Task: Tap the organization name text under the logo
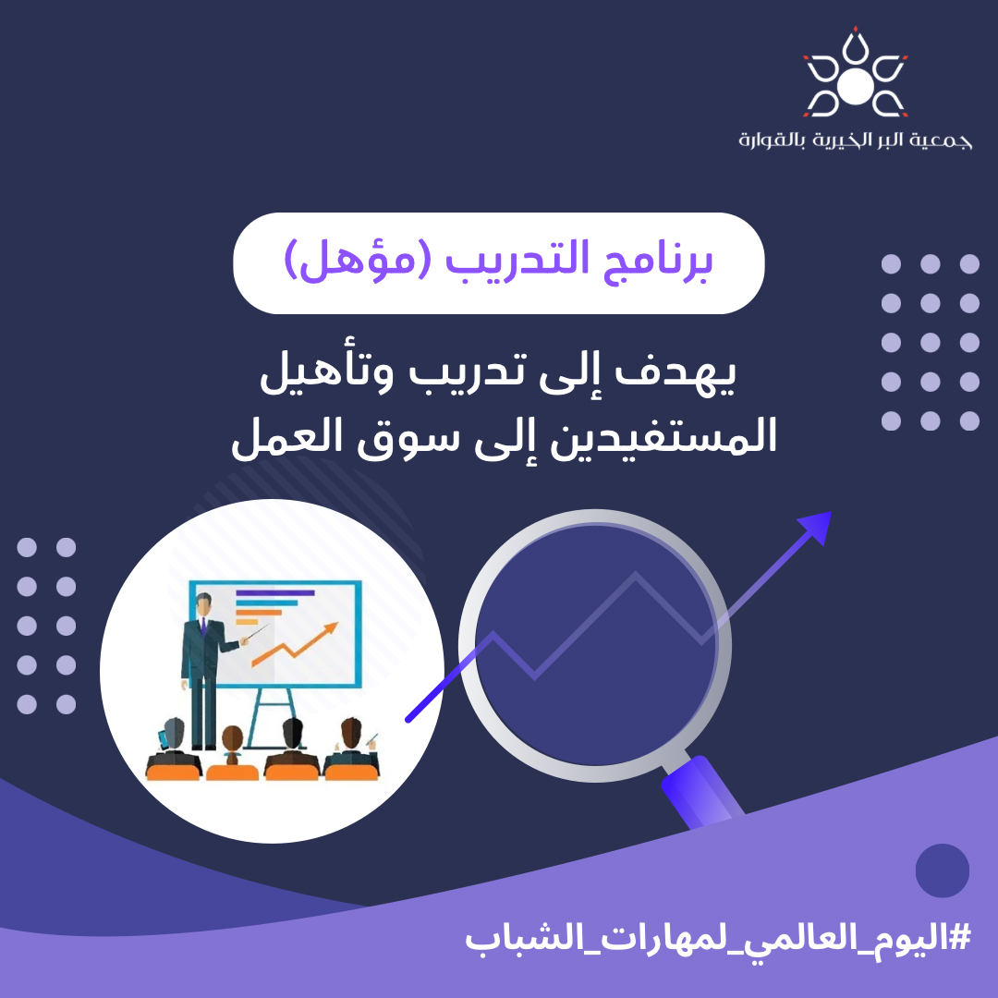855,140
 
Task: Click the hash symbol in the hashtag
958,937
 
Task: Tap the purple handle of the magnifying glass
702,794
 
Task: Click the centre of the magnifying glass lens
596,645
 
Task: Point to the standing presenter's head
203,604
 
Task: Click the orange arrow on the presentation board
295,645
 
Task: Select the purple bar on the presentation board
275,592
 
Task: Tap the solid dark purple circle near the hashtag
942,870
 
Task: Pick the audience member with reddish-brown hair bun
232,748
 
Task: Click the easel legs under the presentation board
272,718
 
